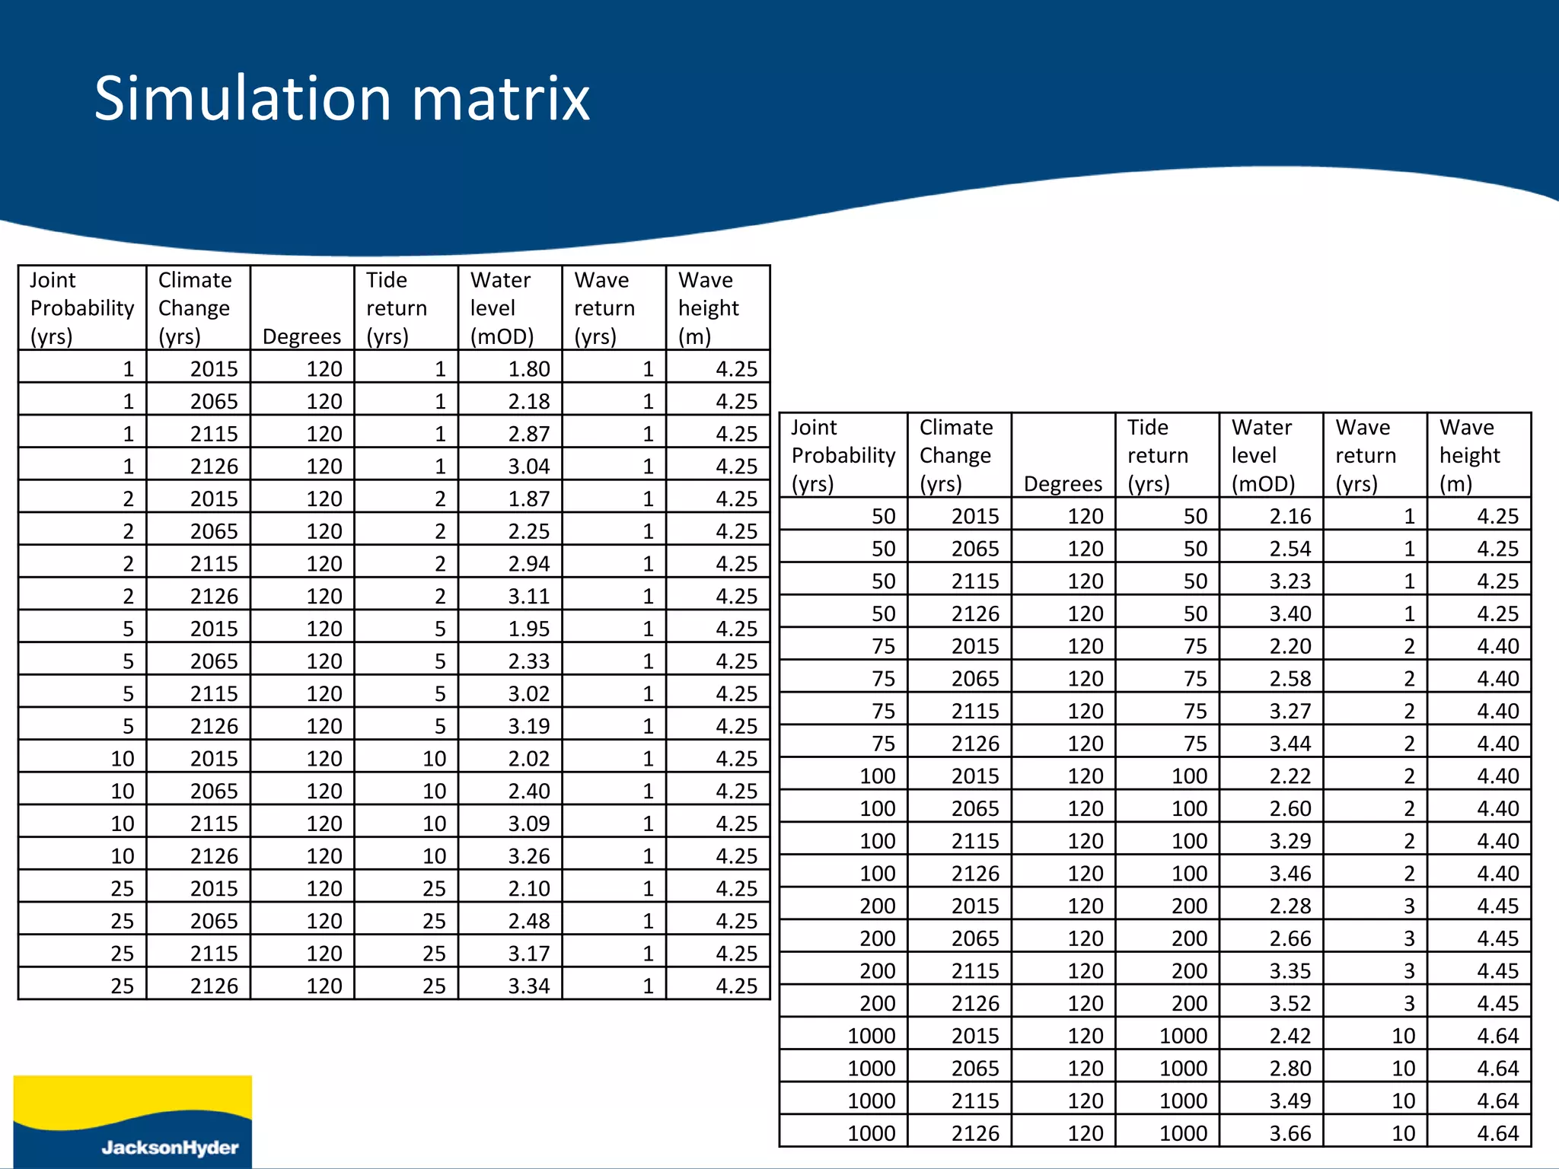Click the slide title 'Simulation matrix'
(x=342, y=99)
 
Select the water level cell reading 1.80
(x=529, y=369)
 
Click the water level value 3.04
(x=529, y=467)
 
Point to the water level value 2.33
(x=529, y=661)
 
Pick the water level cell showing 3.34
(x=529, y=986)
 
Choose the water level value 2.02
(x=529, y=759)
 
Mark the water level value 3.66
(x=1290, y=1133)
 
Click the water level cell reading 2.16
(x=1290, y=517)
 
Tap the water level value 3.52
(x=1290, y=1003)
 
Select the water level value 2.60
(x=1290, y=808)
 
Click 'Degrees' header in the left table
(x=301, y=336)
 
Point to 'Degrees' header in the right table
(x=1063, y=484)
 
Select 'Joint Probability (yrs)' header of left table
(x=81, y=308)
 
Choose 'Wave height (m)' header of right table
(x=1469, y=455)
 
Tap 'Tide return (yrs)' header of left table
(x=396, y=308)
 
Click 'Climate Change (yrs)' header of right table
(x=956, y=455)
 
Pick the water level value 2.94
(x=529, y=564)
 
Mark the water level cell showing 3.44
(x=1290, y=744)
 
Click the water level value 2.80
(x=1290, y=1069)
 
